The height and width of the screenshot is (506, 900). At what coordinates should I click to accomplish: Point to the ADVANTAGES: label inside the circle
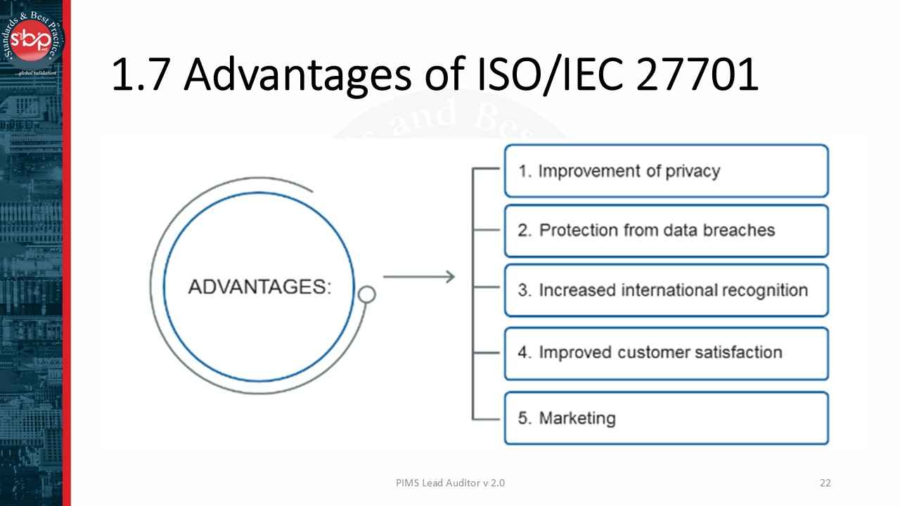pyautogui.click(x=259, y=287)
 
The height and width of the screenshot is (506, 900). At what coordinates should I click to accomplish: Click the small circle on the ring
pyautogui.click(x=366, y=294)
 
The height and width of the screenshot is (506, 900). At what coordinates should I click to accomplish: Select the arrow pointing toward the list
pyautogui.click(x=419, y=277)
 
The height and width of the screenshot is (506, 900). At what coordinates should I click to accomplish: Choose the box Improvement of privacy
pyautogui.click(x=666, y=171)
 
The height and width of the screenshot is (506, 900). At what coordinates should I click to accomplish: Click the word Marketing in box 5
pyautogui.click(x=577, y=418)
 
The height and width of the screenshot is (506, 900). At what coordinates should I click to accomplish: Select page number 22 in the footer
pyautogui.click(x=825, y=483)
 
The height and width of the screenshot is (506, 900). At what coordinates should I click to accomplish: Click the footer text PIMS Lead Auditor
pyautogui.click(x=438, y=483)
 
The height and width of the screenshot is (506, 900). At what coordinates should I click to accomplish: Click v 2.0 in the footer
pyautogui.click(x=494, y=483)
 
